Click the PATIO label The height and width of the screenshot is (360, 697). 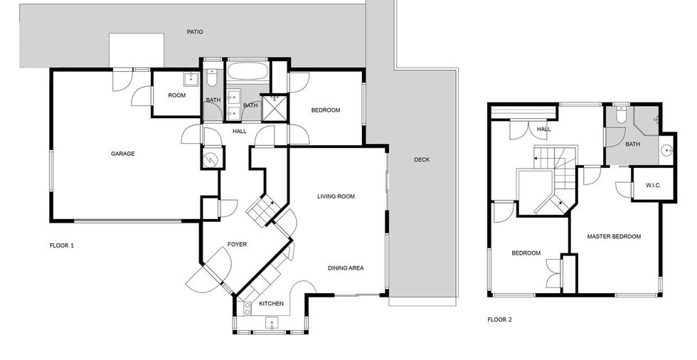tap(195, 32)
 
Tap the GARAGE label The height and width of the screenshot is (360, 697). tap(122, 154)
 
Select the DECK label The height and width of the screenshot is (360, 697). tap(422, 159)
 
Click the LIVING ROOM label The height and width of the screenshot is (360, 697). tap(336, 196)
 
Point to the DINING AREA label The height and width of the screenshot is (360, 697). tap(346, 268)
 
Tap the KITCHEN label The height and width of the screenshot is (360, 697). tap(271, 304)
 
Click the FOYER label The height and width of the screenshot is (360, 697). tap(237, 244)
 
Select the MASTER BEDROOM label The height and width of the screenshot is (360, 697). tap(614, 236)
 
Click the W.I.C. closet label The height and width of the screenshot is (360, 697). tap(653, 185)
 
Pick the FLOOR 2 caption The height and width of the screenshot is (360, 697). tap(499, 319)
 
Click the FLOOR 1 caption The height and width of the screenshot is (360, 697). tap(62, 245)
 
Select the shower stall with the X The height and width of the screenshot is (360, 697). tap(275, 108)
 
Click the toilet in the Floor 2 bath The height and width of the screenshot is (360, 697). tap(621, 115)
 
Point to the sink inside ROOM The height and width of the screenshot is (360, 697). tap(192, 79)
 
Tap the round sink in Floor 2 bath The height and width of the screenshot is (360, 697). tap(666, 151)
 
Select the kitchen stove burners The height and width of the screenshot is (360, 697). tap(248, 309)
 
